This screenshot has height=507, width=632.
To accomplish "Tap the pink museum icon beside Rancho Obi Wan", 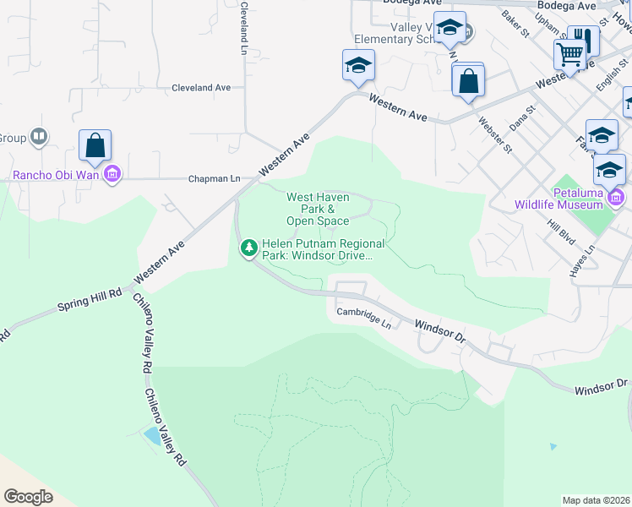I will pos(114,176).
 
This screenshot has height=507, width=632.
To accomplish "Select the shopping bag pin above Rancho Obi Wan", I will pos(95,146).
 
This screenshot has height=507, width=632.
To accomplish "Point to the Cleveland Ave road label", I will pos(201,87).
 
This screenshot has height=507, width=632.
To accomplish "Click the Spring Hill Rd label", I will pos(90,297).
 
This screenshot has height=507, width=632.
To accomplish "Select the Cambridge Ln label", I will pos(364,317).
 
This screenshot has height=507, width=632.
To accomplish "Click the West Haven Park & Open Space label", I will pos(317,209).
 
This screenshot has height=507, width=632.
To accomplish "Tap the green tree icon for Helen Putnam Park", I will pos(249,248).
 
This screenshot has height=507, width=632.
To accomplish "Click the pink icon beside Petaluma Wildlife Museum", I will pos(616,198).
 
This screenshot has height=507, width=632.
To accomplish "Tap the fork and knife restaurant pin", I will pos(583,40).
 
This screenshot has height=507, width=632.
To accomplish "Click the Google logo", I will pos(28,496).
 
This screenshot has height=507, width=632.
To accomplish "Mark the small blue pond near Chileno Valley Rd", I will pos(152,436).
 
